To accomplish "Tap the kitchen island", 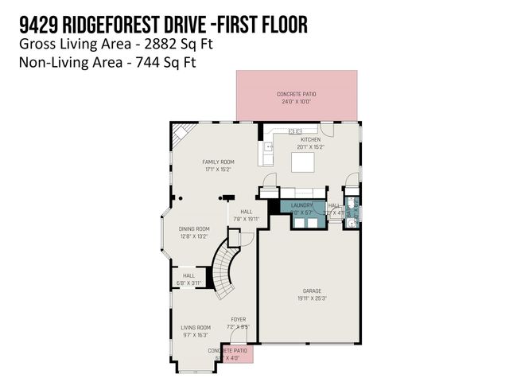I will click(303, 162).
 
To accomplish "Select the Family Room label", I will click(217, 162).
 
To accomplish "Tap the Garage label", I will click(311, 290).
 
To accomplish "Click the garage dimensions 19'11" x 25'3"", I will click(311, 298).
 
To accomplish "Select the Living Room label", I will click(195, 327).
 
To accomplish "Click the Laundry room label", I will click(303, 205).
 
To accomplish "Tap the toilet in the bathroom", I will click(351, 224).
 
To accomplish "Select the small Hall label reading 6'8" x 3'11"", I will click(188, 283).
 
